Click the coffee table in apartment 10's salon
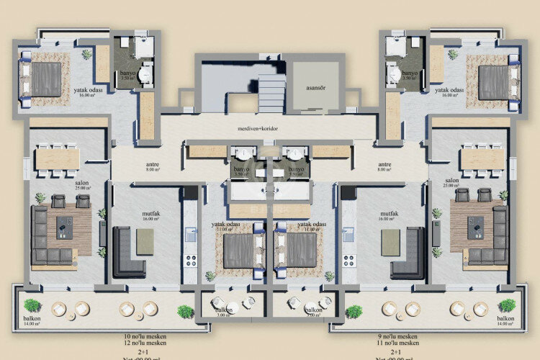click(x=66, y=228)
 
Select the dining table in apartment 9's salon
click(x=482, y=158)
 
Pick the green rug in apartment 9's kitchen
click(x=391, y=241)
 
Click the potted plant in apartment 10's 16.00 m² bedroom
click(x=86, y=54)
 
